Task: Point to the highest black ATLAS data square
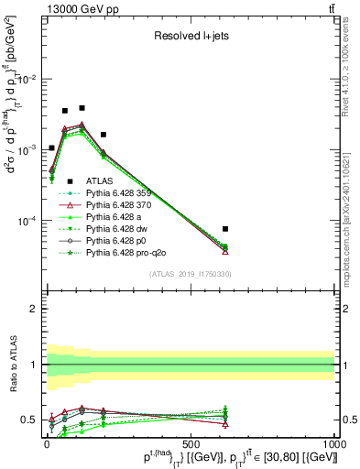82,108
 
